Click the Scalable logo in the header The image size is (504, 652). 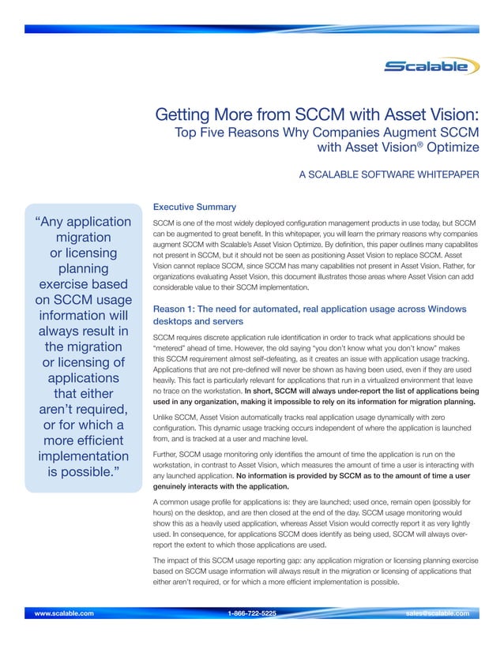pyautogui.click(x=431, y=66)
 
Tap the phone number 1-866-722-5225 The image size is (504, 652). pyautogui.click(x=251, y=612)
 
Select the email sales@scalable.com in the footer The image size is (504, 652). pyautogui.click(x=436, y=612)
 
